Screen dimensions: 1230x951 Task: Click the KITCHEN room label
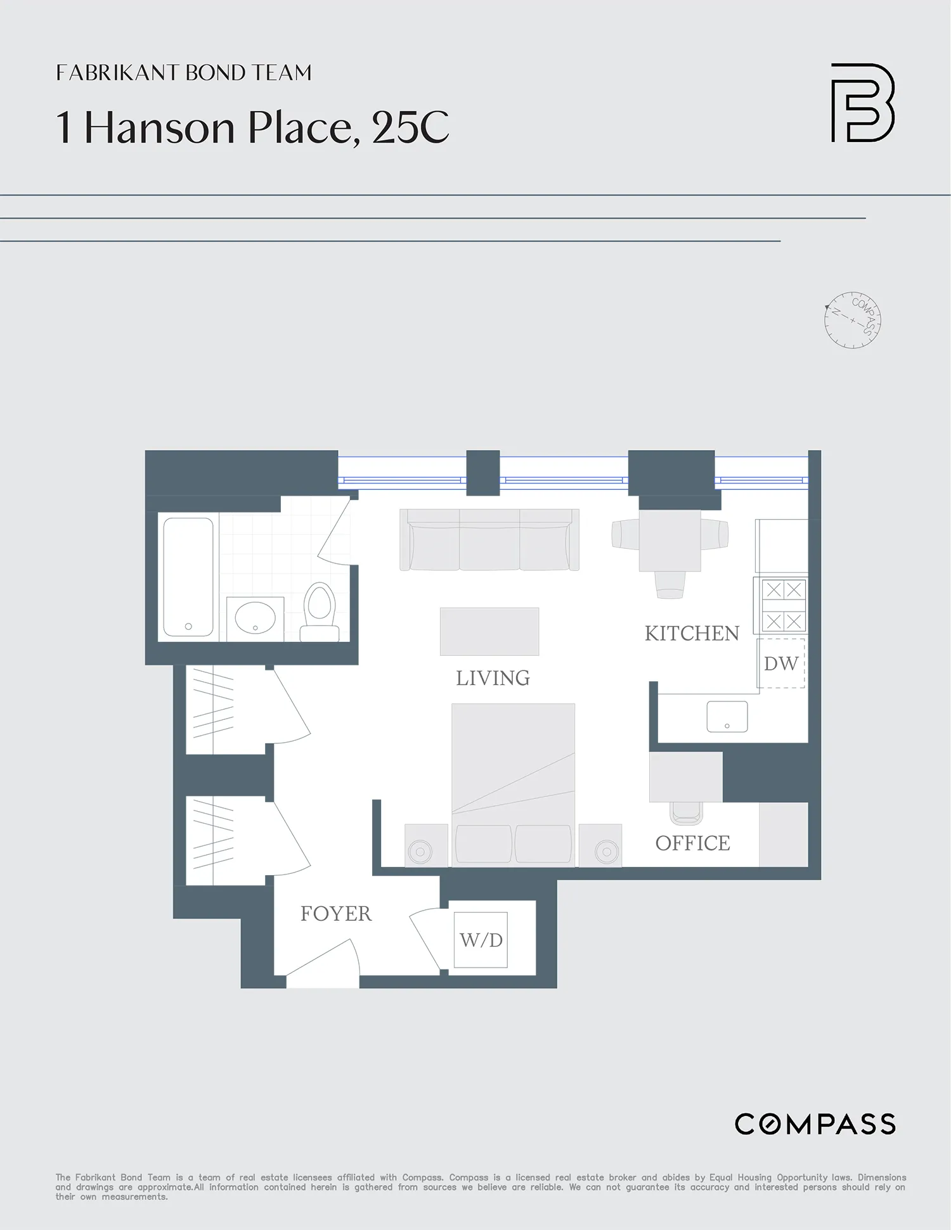tap(692, 633)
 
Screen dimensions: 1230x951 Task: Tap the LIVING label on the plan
tap(493, 678)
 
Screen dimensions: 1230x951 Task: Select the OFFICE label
tap(692, 843)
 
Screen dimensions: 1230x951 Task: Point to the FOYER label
tap(335, 913)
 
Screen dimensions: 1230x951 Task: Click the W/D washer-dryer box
tap(481, 940)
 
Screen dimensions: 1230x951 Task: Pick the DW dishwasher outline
tap(781, 663)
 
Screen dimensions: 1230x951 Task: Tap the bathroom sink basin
tap(255, 618)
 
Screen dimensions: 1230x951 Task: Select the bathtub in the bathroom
tap(188, 577)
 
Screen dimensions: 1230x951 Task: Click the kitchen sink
tap(727, 717)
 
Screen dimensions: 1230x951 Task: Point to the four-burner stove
tap(784, 605)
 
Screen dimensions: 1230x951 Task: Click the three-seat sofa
tap(489, 540)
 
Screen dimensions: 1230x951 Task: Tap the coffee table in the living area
tap(489, 631)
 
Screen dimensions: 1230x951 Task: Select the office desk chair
tap(686, 813)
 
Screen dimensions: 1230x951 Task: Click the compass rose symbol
tap(853, 320)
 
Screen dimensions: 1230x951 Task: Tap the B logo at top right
tap(863, 103)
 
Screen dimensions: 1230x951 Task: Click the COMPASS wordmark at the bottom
tap(815, 1124)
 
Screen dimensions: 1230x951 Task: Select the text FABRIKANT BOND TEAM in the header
tap(184, 73)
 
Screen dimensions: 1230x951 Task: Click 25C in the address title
tap(410, 127)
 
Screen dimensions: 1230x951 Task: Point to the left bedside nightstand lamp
tap(420, 851)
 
